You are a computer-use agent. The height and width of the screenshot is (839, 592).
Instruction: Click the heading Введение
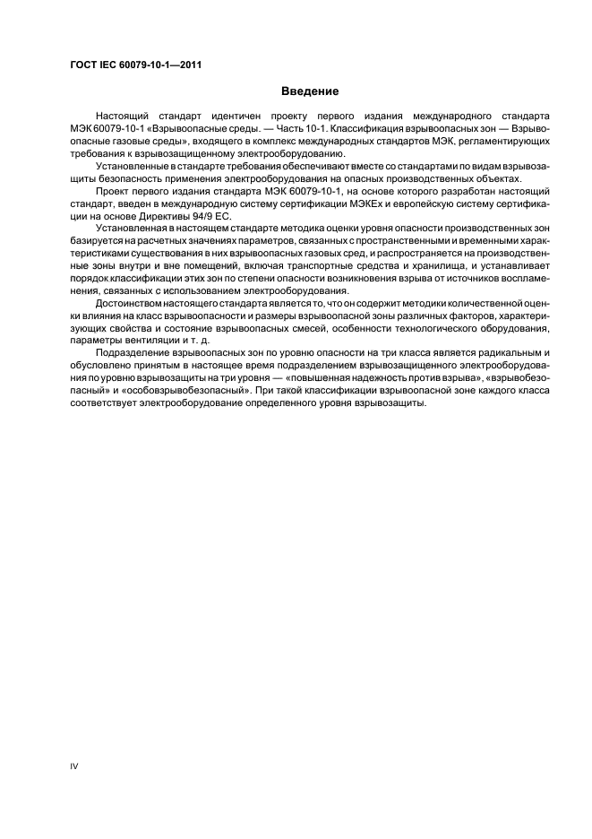click(310, 91)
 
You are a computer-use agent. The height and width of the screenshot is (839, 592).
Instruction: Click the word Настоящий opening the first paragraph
click(125, 117)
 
